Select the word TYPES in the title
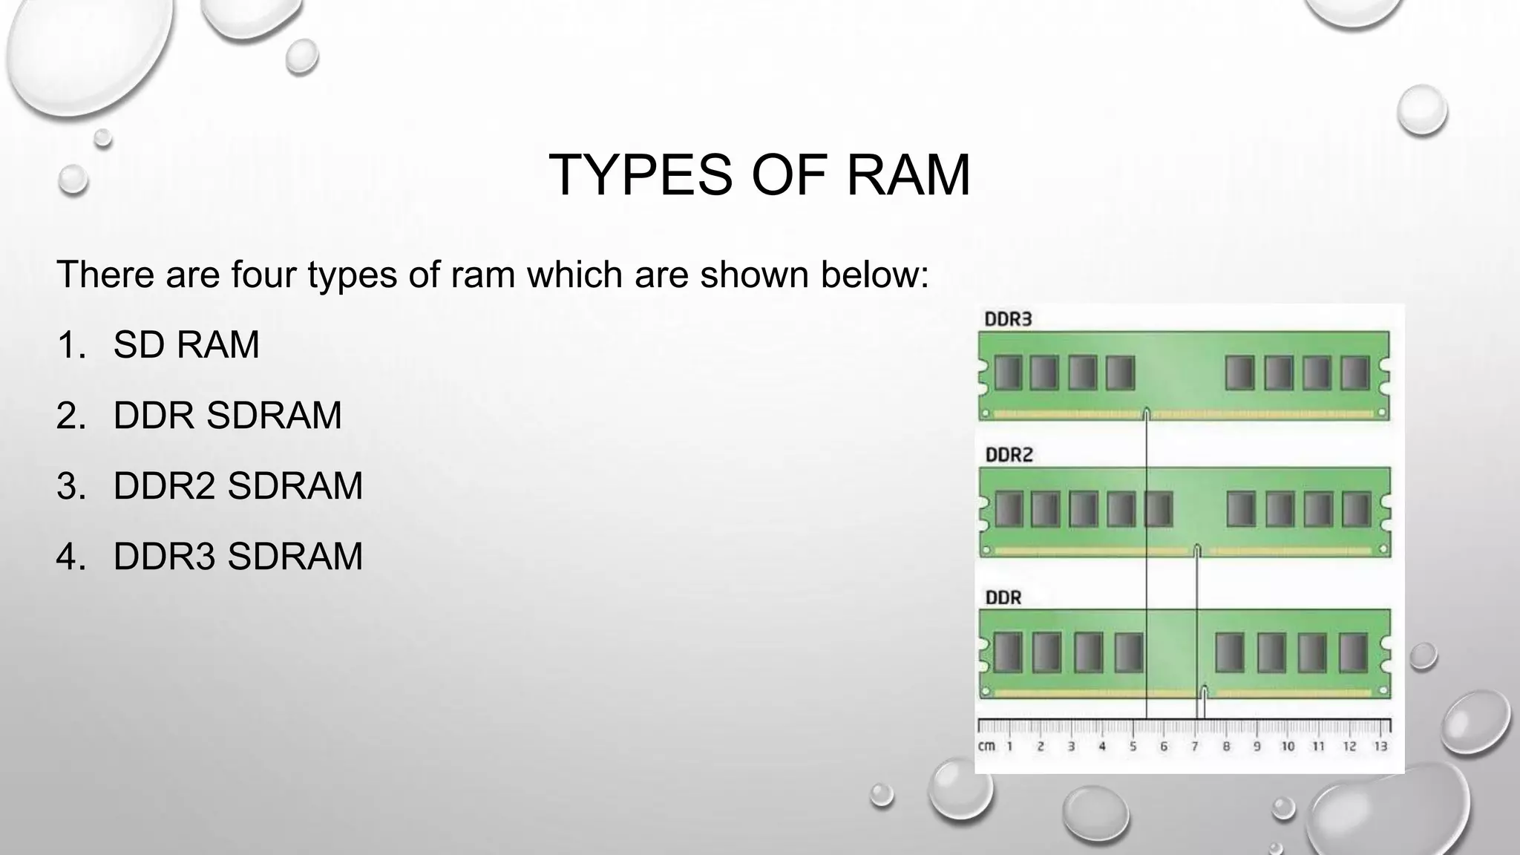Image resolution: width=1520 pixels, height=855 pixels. click(641, 175)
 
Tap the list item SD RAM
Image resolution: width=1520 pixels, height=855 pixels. click(186, 344)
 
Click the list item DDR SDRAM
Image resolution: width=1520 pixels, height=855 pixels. click(227, 415)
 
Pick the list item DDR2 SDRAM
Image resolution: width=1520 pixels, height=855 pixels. click(237, 486)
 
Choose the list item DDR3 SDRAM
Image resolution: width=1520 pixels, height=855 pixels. click(237, 557)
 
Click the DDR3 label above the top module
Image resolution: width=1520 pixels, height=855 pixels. click(1008, 319)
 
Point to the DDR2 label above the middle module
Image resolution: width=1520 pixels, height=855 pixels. click(1009, 454)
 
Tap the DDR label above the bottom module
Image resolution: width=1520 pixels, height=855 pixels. click(1003, 597)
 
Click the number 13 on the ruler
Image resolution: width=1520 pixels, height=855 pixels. click(1380, 747)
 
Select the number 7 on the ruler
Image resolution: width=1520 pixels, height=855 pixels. click(1195, 747)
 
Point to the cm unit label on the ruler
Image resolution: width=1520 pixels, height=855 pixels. click(986, 746)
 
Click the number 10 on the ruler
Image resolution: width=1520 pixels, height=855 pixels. click(1288, 747)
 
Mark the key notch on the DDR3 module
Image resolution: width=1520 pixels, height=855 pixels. click(1147, 413)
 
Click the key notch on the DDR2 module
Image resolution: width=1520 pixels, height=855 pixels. click(1197, 550)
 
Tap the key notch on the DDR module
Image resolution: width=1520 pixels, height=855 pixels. click(1203, 692)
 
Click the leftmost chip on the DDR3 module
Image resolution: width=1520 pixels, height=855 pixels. click(1008, 373)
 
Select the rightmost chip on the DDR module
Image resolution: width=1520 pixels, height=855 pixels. click(1352, 652)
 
